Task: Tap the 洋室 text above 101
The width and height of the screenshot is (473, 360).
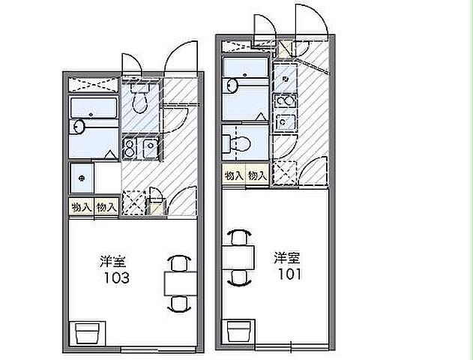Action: click(x=287, y=257)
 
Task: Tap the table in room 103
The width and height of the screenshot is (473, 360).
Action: click(x=180, y=283)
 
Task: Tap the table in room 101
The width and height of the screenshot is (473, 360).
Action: click(x=238, y=257)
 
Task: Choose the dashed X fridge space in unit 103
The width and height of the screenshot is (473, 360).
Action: click(x=133, y=202)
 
